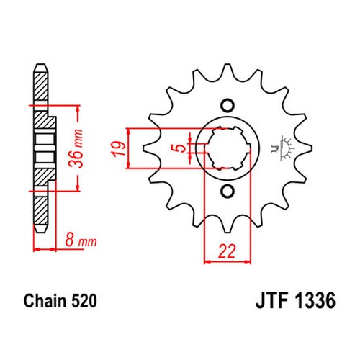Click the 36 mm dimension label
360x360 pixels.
point(76,148)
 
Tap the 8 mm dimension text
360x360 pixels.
point(81,240)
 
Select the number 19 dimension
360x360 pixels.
point(118,149)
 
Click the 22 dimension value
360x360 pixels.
point(227,251)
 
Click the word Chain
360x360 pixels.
point(45,301)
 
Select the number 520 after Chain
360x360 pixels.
point(84,301)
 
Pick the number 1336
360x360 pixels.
point(315,301)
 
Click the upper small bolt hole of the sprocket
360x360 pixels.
point(228,105)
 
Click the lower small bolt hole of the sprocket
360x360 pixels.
point(228,192)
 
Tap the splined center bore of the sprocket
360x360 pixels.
point(228,148)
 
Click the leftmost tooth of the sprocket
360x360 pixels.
point(150,148)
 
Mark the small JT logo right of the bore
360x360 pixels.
point(282,148)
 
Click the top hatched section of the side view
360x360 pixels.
point(41,86)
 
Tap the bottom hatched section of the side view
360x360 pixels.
point(40,210)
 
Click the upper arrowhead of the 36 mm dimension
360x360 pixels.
point(78,109)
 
